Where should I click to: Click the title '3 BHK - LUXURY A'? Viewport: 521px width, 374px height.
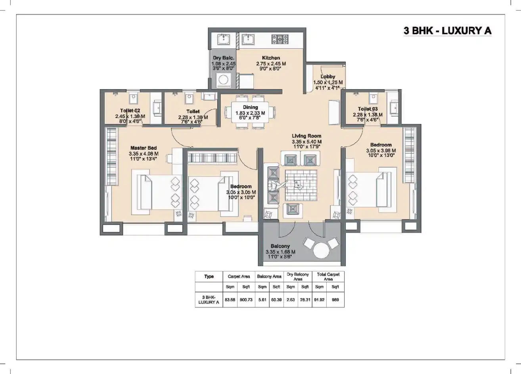(x=447, y=31)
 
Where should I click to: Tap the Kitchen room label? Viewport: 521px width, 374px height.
(x=271, y=58)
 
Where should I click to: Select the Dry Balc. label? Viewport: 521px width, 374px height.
(x=224, y=58)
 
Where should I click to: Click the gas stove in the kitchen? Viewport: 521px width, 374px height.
(x=280, y=39)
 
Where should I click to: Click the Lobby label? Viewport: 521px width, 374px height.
(x=328, y=76)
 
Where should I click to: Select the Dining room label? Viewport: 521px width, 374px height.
(x=250, y=107)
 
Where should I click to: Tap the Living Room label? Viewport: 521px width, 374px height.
(x=306, y=136)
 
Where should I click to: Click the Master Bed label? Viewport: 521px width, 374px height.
(x=144, y=148)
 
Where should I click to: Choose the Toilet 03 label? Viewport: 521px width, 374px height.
(x=368, y=109)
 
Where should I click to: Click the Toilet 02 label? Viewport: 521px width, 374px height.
(x=130, y=111)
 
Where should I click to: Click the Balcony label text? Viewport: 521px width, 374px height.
(x=280, y=246)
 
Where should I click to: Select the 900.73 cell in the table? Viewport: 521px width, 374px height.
(x=246, y=300)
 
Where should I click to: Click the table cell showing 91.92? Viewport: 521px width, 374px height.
(x=319, y=300)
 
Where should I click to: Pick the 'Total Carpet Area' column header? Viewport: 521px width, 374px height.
(x=328, y=277)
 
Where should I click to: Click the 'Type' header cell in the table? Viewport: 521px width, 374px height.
(x=209, y=277)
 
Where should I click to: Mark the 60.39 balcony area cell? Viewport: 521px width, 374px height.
(x=276, y=300)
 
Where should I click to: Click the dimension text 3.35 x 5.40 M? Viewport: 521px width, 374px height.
(x=306, y=141)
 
